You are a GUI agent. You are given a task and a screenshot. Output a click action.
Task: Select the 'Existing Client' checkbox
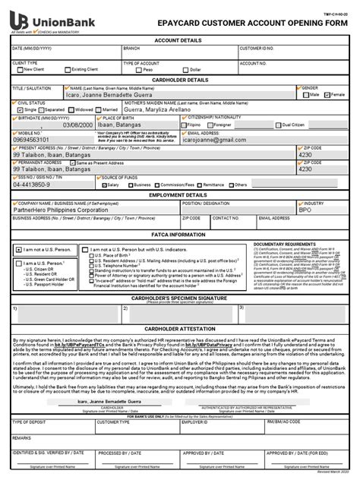pos(67,69)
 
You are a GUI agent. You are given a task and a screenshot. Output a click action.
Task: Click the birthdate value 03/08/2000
pos(78,125)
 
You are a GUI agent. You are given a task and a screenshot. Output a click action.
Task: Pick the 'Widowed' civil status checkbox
pos(71,109)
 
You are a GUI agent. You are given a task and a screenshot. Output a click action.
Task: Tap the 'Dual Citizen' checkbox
pos(278,125)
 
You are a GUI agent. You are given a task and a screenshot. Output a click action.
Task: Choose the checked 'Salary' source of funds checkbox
pos(103,185)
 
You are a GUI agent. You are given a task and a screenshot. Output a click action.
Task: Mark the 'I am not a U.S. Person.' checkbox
pos(19,249)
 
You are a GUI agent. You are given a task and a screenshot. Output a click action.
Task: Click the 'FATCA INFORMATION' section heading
pos(180,235)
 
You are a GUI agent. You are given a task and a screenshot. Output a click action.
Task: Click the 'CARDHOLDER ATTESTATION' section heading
pos(180,328)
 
